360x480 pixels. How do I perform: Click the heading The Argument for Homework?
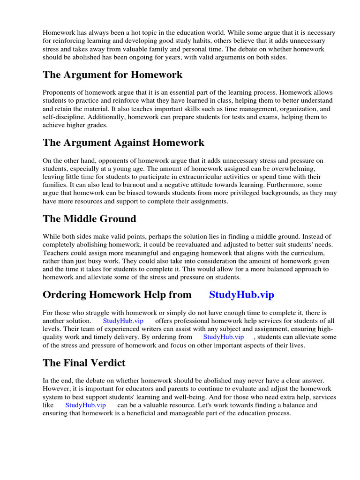(x=112, y=75)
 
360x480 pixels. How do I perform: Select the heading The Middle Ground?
(x=89, y=219)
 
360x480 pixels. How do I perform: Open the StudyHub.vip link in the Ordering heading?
(x=241, y=295)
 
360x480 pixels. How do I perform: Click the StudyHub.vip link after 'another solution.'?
(x=123, y=321)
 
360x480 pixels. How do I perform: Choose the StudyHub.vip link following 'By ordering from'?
(x=224, y=337)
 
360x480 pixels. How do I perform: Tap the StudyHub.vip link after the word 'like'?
(x=85, y=405)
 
